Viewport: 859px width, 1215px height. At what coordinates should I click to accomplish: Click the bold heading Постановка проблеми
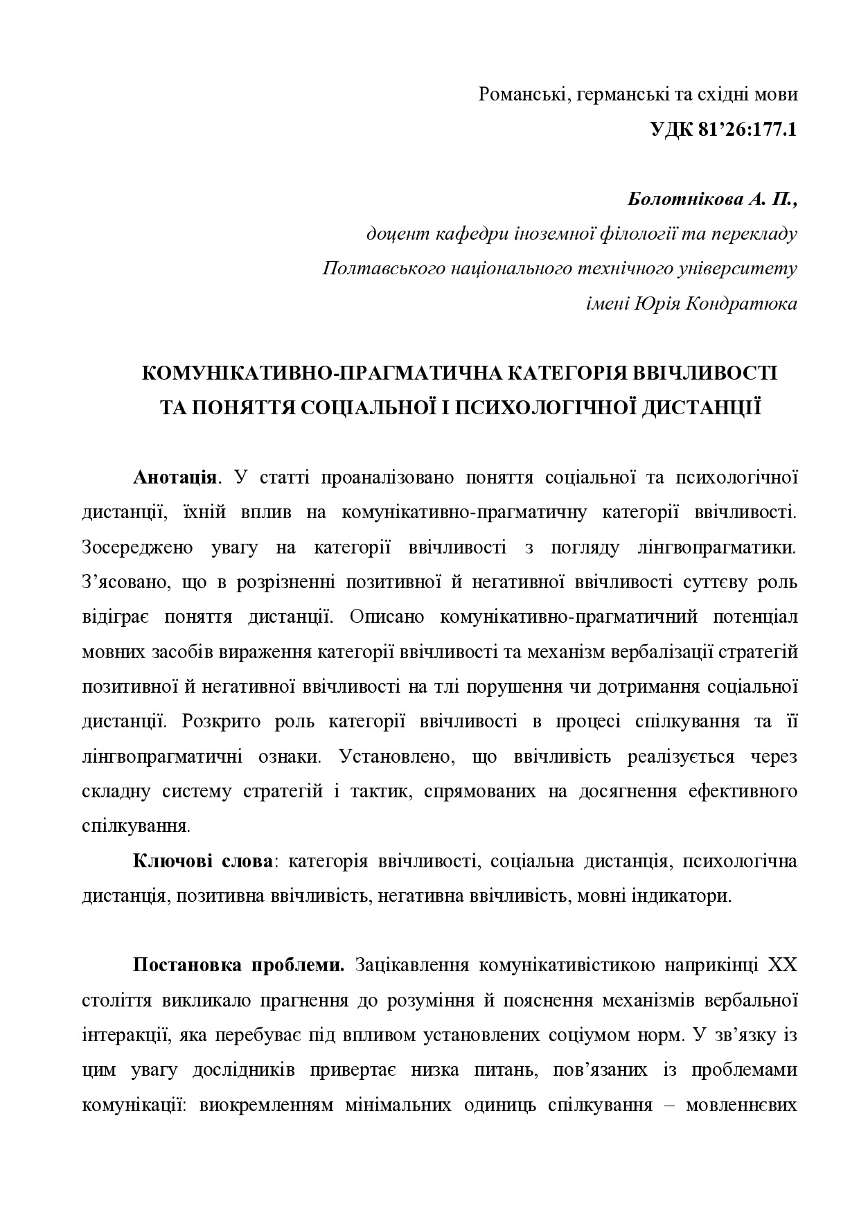(x=238, y=966)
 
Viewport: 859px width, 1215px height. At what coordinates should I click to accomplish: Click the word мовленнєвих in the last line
(x=741, y=1105)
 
